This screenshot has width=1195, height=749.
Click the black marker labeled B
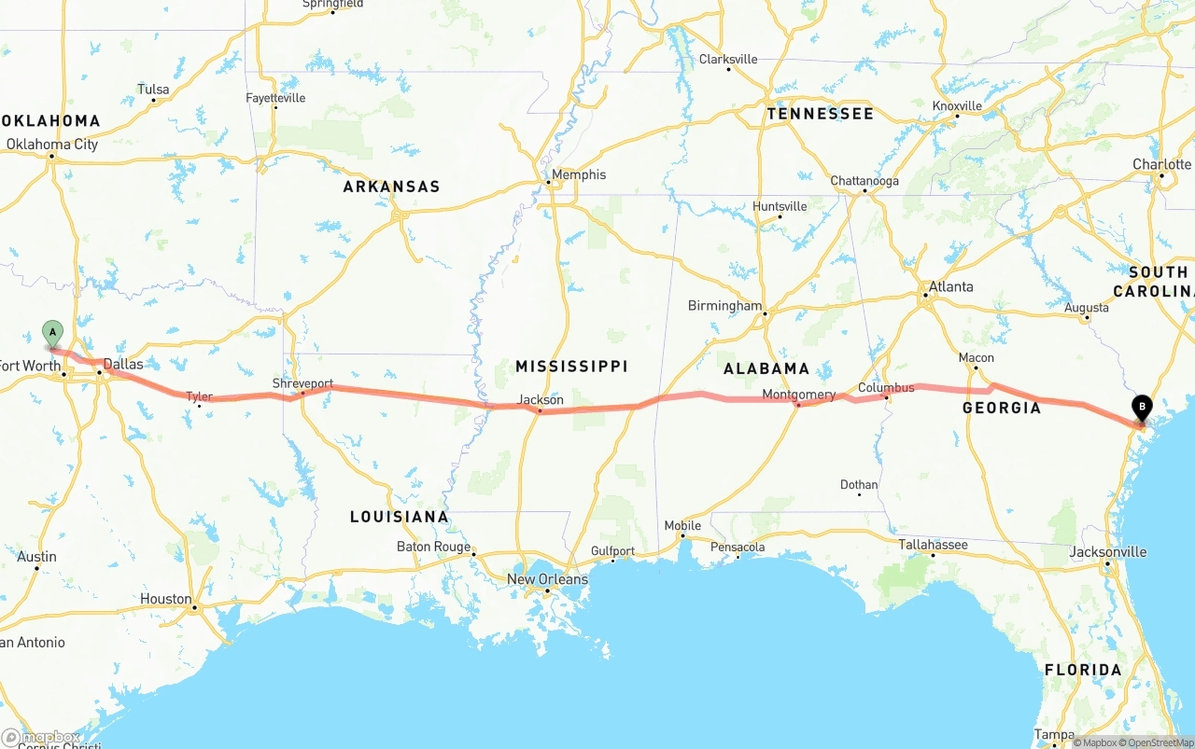coord(1141,408)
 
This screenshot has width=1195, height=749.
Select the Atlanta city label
coord(950,286)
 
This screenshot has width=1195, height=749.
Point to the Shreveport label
coord(302,383)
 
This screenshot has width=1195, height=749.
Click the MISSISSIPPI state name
coord(571,366)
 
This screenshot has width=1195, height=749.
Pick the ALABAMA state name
coord(766,368)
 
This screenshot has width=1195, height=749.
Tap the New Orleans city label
coord(547,579)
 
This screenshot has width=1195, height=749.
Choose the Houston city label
coord(166,599)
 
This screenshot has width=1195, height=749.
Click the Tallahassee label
coord(933,545)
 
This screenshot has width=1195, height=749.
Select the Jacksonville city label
coord(1107,552)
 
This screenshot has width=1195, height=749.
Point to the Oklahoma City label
coord(52,145)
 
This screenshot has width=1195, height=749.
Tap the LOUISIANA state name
coord(399,517)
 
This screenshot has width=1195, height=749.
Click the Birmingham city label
coord(724,306)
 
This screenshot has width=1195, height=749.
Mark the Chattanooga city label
coord(865,181)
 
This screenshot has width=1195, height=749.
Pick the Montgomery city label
coord(798,395)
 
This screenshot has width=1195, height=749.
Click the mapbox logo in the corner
coord(41,738)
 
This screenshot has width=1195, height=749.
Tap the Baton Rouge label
coord(433,547)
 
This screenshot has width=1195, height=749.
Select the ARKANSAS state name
coord(391,187)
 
